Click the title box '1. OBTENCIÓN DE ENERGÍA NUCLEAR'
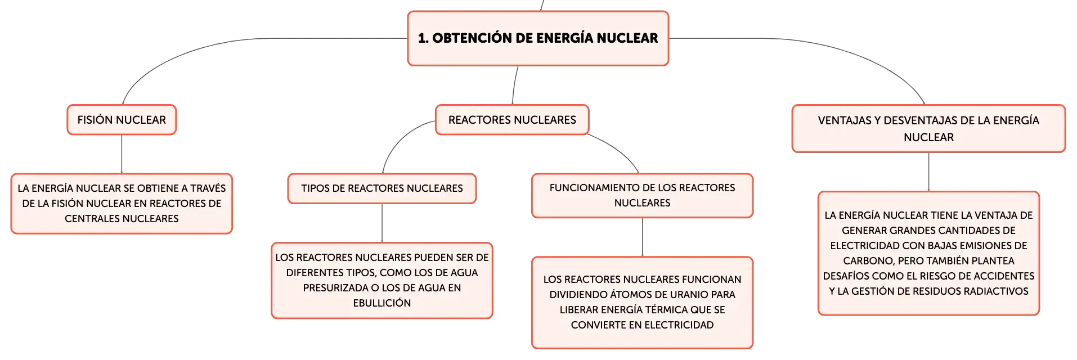tap(538, 38)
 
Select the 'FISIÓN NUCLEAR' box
tap(122, 120)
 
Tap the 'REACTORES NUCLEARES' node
tap(512, 120)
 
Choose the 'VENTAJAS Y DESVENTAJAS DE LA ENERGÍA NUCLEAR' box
tap(928, 128)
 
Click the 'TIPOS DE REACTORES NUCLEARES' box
tap(382, 188)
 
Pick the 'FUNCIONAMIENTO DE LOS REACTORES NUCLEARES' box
tap(642, 195)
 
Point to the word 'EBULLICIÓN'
tap(382, 303)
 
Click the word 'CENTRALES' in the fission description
tap(90, 219)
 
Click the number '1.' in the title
tap(423, 38)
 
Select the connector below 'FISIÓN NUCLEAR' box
tap(122, 154)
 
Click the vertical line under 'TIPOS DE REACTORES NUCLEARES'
tap(382, 223)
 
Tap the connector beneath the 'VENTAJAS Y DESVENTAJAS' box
tap(928, 172)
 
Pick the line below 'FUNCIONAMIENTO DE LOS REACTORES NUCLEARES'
tap(642, 237)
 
